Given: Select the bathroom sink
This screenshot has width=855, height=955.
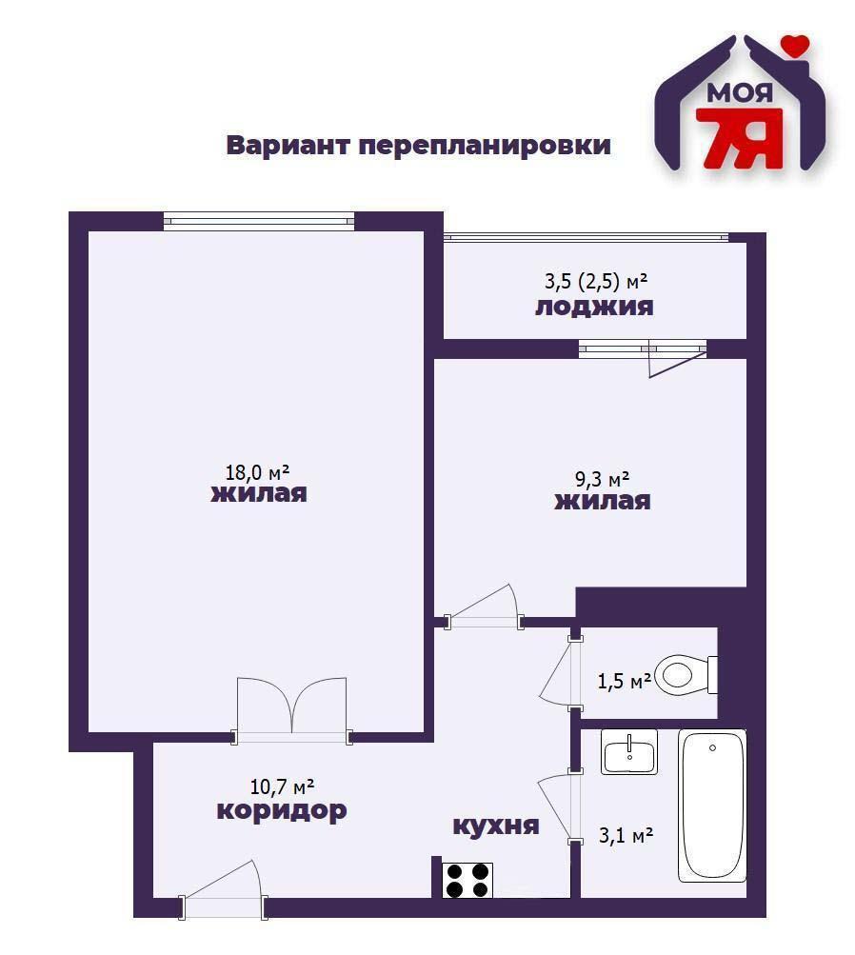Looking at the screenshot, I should pyautogui.click(x=628, y=752).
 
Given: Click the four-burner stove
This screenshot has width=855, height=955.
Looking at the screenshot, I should pyautogui.click(x=468, y=880).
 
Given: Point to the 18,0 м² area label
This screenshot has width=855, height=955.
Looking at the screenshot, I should pyautogui.click(x=257, y=471).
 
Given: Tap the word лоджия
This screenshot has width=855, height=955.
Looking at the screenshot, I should pyautogui.click(x=594, y=307).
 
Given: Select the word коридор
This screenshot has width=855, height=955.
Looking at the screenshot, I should pyautogui.click(x=281, y=811).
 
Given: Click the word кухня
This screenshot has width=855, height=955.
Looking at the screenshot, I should pyautogui.click(x=495, y=826).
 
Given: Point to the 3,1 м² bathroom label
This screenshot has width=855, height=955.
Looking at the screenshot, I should pyautogui.click(x=625, y=835).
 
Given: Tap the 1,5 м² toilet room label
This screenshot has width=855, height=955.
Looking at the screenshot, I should pyautogui.click(x=624, y=681).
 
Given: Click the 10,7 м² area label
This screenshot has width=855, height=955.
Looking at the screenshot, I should pyautogui.click(x=283, y=786).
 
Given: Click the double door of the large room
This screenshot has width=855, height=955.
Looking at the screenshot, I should pyautogui.click(x=292, y=709).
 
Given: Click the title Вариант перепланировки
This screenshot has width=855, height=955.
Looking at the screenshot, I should pyautogui.click(x=418, y=146).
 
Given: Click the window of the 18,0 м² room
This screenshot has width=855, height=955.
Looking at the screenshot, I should pyautogui.click(x=259, y=221).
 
